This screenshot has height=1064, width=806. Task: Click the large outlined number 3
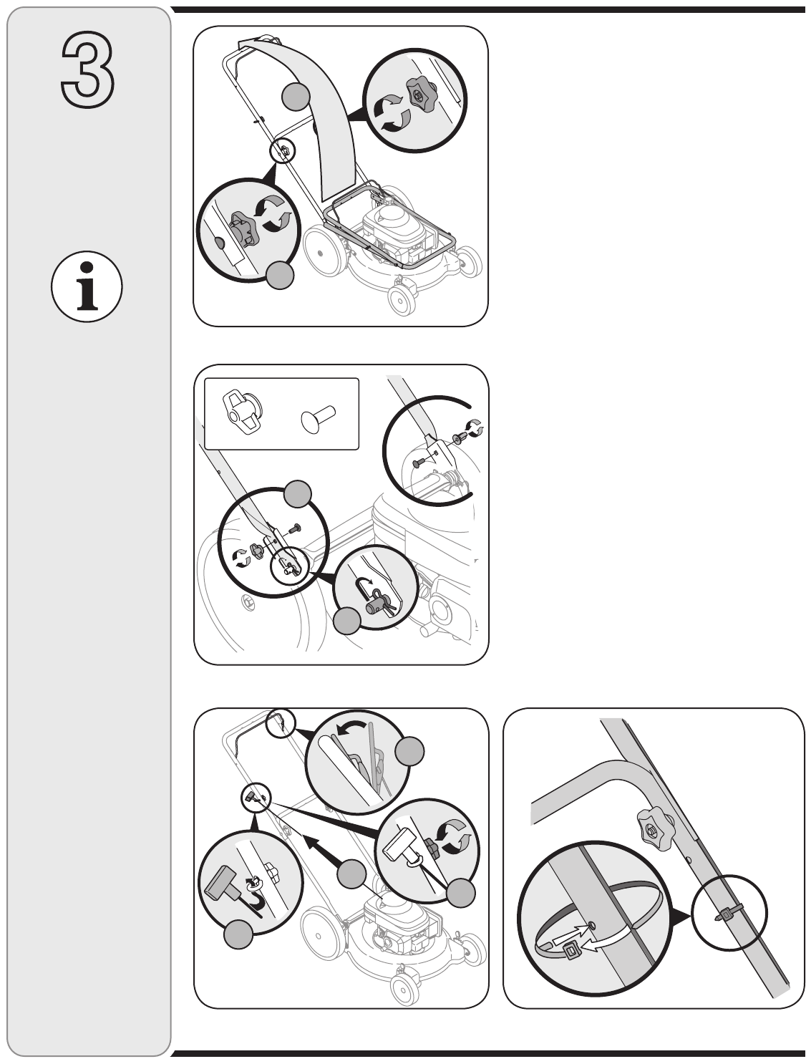[x=87, y=69]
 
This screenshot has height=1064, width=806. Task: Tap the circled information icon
[x=87, y=286]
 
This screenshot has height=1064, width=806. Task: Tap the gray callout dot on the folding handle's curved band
[x=296, y=97]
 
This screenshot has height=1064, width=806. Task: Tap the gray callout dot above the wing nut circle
[x=297, y=494]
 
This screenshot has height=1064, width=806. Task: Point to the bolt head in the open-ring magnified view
[x=417, y=463]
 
